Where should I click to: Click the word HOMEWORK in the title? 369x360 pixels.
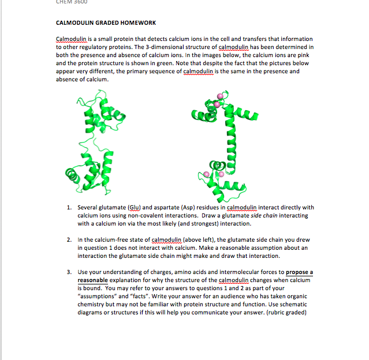135,22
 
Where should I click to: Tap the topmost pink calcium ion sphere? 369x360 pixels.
219,96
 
